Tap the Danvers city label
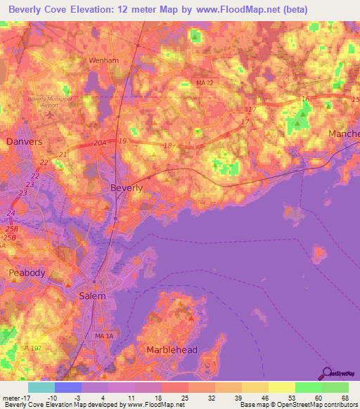click(24, 141)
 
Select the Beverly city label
click(127, 188)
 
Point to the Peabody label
click(27, 273)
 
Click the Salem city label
click(92, 296)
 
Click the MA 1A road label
click(103, 337)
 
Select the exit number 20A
click(100, 143)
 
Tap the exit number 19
click(122, 141)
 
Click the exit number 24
click(11, 213)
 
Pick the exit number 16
click(304, 100)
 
